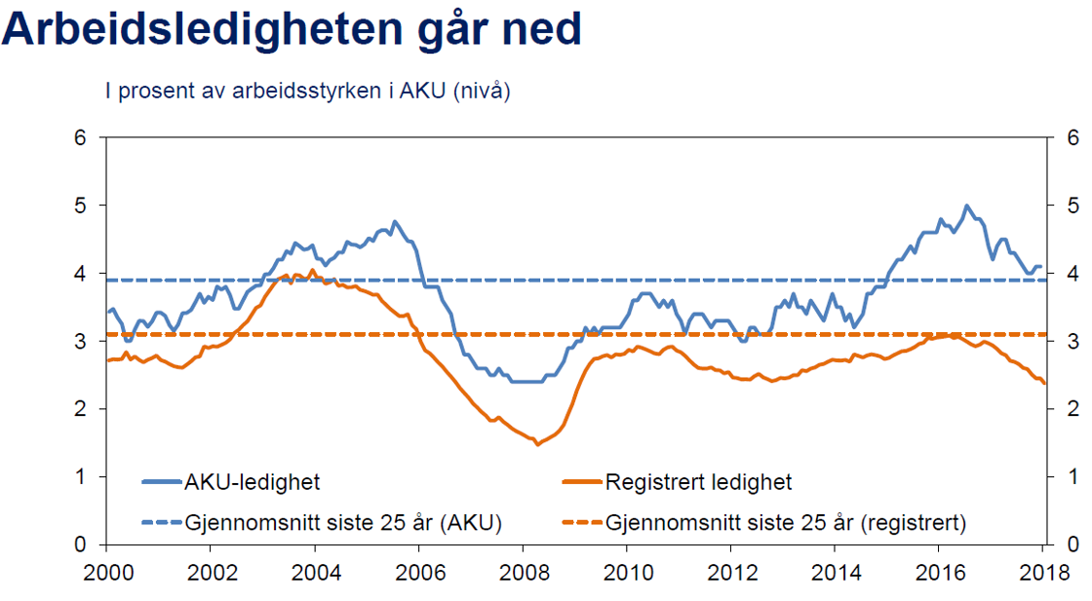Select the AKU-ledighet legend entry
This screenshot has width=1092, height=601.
(252, 481)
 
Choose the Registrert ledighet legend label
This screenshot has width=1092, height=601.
(698, 481)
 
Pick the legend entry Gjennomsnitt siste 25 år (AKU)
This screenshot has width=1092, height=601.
(342, 522)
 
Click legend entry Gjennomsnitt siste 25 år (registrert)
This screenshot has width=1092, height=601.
(785, 522)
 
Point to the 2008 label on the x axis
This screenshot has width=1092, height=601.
(524, 571)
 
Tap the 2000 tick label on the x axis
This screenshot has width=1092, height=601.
(107, 571)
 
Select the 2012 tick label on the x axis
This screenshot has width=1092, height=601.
(731, 571)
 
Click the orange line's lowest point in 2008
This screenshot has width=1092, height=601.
(536, 444)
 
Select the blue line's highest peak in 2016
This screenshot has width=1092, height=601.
(966, 206)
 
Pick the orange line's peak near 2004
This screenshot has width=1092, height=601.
(312, 270)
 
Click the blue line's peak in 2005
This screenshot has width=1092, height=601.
(395, 221)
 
